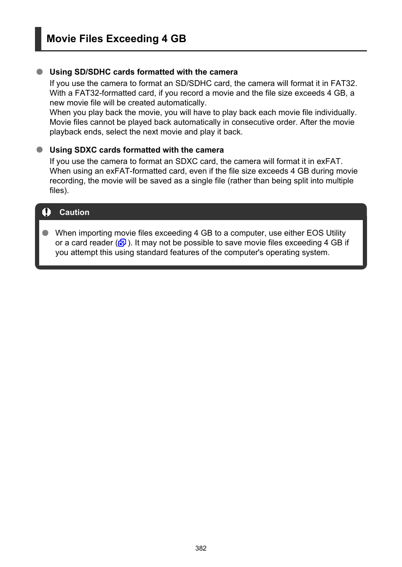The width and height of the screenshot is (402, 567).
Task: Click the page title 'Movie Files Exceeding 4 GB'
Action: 116,39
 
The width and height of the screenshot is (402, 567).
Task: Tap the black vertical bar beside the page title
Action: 38,39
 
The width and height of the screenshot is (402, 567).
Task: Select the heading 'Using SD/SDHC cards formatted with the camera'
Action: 143,72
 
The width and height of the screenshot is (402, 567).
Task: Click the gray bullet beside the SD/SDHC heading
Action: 40,72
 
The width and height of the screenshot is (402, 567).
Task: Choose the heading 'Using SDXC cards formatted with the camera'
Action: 137,150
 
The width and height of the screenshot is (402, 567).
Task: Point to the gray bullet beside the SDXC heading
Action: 40,150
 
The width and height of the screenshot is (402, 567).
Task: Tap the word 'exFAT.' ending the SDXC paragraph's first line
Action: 330,161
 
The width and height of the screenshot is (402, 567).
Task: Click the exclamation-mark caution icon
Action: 47,212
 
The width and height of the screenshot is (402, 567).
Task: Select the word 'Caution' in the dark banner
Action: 74,212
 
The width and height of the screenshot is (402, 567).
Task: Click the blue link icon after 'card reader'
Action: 122,243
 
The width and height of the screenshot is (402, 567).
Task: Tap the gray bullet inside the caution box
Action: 46,233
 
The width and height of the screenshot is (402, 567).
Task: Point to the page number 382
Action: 201,548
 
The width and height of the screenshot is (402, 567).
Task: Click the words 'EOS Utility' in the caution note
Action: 326,233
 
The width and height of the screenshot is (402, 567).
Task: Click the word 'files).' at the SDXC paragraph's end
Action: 59,191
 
